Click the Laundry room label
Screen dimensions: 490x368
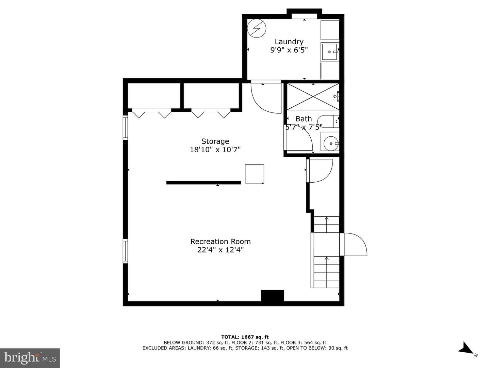289,42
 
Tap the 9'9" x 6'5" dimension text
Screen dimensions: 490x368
289,50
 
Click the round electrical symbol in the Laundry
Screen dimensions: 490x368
257,28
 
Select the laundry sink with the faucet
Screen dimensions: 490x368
330,52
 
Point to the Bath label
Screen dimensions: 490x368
304,119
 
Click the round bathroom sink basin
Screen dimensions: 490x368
331,143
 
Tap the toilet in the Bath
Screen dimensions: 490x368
328,121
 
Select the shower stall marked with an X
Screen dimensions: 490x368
313,96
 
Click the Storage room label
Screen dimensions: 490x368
215,141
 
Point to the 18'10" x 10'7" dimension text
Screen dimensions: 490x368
215,150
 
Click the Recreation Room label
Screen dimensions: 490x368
220,242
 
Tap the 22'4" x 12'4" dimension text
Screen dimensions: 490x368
220,249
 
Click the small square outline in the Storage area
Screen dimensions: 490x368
255,174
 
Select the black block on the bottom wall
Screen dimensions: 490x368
272,296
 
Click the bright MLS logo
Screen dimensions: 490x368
30,358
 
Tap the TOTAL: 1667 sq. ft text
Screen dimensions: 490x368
245,337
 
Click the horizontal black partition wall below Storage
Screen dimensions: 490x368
203,183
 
